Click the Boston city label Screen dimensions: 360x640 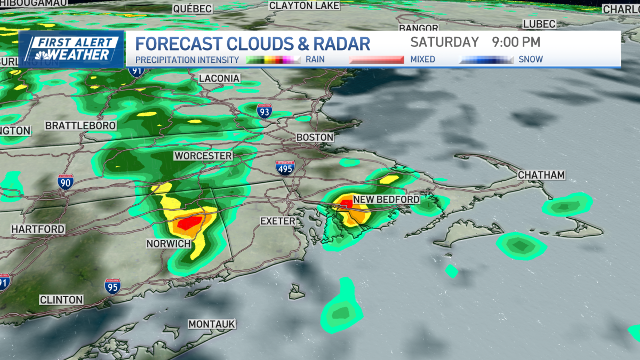[315, 138]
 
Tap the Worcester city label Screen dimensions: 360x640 [203, 156]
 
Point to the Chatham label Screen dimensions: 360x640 [541, 175]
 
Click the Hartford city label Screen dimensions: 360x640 [38, 229]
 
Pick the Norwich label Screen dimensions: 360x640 [169, 243]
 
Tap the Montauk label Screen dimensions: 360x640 [212, 324]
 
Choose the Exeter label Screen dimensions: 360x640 [278, 221]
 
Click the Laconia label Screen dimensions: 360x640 [219, 78]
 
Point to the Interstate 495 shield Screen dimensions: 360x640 [285, 169]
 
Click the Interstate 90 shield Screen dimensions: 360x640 [66, 182]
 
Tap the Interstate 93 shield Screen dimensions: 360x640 [264, 111]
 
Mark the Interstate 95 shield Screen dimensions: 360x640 [113, 286]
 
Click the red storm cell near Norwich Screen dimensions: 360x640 [189, 222]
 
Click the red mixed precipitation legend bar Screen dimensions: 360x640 [377, 60]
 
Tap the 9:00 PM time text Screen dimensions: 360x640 [513, 42]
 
